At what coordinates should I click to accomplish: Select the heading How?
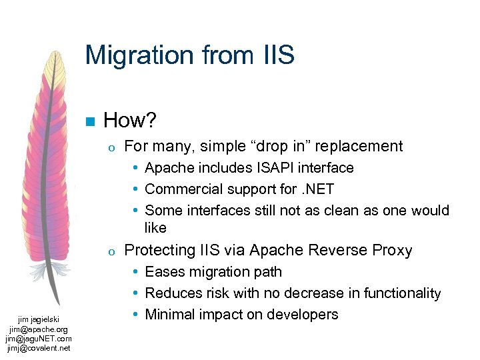pos(129,121)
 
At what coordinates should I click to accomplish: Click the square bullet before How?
pos(89,121)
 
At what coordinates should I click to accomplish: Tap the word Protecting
pos(159,251)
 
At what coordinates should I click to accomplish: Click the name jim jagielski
pos(38,320)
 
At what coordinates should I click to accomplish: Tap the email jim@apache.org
pos(38,329)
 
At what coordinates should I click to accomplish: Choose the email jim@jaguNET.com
pos(38,338)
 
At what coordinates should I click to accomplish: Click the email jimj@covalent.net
pos(38,347)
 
